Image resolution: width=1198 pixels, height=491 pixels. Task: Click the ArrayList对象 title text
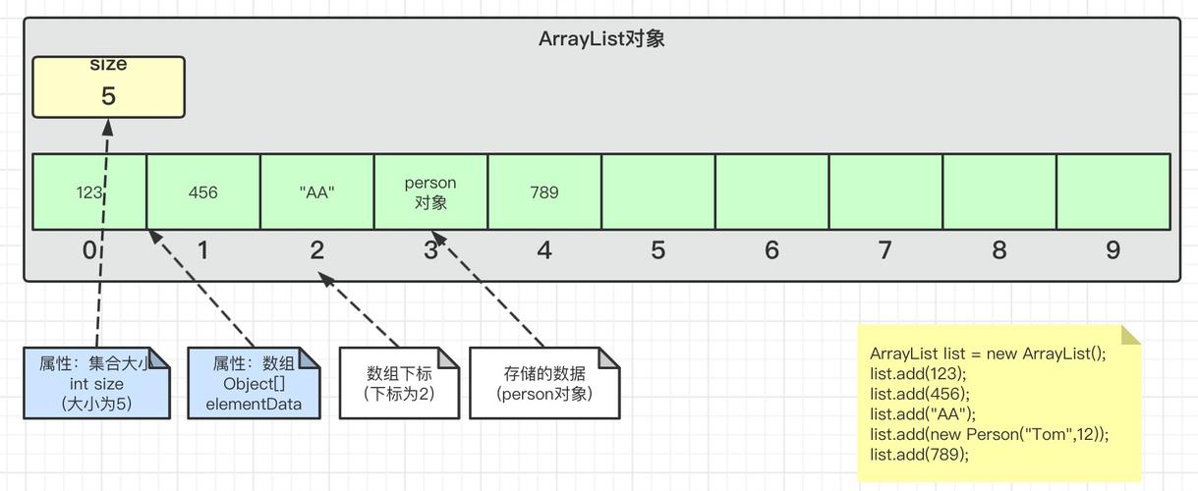click(x=602, y=39)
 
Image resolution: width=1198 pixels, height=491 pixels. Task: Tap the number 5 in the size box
click(x=108, y=96)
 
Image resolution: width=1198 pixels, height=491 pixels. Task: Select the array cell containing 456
click(x=203, y=192)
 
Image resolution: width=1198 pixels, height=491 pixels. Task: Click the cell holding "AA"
click(x=317, y=192)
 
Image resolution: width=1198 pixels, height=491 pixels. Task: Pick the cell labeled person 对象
click(x=430, y=192)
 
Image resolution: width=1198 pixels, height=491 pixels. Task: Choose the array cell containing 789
click(x=544, y=192)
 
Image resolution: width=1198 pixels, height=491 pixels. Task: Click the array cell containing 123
click(x=89, y=192)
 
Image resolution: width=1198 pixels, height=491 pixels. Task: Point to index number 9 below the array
click(x=1112, y=250)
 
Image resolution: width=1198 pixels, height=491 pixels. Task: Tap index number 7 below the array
click(x=885, y=250)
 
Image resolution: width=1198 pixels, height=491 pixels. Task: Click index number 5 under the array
click(x=657, y=250)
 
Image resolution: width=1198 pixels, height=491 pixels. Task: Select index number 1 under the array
click(x=202, y=250)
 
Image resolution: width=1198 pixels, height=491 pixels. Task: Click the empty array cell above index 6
click(x=771, y=192)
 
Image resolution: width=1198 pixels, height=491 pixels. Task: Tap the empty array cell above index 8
click(x=999, y=192)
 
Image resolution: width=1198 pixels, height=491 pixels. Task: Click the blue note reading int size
click(x=96, y=383)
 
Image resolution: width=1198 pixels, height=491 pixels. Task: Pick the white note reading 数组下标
click(x=399, y=383)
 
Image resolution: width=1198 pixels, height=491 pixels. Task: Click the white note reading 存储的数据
click(x=544, y=383)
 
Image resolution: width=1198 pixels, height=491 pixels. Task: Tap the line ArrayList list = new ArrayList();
click(x=988, y=354)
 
